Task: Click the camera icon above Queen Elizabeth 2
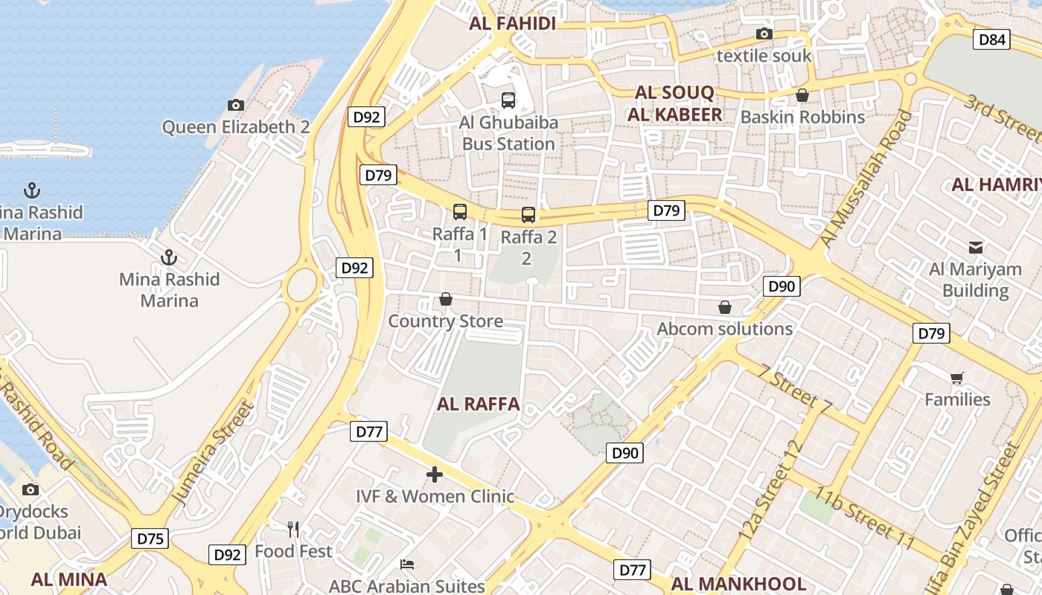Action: coord(236,106)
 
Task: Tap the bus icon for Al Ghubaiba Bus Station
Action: coord(508,100)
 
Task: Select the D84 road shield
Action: coord(993,39)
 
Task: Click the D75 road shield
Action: coord(150,538)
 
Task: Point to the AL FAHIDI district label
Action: coord(513,24)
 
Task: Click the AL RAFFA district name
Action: coord(478,405)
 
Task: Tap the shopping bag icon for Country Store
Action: coord(446,299)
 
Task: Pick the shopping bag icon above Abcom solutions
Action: coord(725,307)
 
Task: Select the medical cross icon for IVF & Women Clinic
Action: coord(435,475)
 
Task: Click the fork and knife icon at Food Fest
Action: coord(293,530)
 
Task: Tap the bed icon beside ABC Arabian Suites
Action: coord(407,565)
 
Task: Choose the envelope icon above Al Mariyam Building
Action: coord(975,248)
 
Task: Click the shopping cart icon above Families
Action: coord(957,378)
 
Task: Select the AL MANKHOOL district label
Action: coord(738,584)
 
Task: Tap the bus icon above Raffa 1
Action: coord(460,212)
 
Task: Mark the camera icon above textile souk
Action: coord(764,34)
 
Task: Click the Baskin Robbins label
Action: coord(802,118)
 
